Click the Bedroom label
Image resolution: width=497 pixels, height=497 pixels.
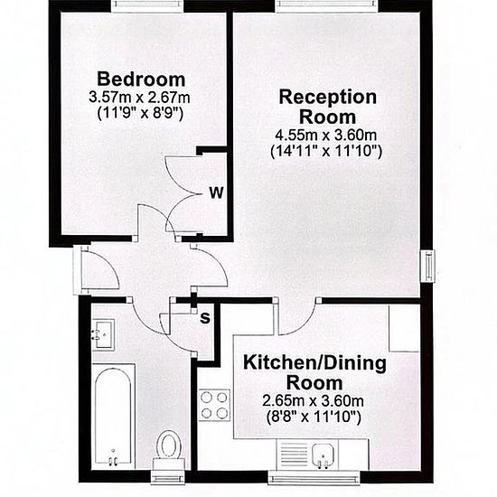point(141,80)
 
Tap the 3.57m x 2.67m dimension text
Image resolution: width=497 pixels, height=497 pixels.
point(139,97)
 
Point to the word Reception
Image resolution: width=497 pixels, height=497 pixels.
point(328,98)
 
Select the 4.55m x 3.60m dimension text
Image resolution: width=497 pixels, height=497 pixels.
point(326,136)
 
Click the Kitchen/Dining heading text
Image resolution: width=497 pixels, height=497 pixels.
point(314,363)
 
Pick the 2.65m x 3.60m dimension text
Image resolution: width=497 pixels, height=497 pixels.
point(313,401)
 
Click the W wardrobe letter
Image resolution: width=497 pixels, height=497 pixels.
point(217,192)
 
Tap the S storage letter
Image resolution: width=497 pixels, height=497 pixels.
point(205,318)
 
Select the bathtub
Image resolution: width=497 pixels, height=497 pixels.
point(114,416)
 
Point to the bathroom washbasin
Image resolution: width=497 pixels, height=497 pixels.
point(104,334)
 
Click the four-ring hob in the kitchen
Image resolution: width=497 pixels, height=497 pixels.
point(214,405)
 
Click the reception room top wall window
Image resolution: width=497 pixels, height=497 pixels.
point(327,5)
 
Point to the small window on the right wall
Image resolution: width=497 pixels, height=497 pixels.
point(427,266)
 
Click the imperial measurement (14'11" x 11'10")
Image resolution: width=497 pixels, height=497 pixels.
point(326,151)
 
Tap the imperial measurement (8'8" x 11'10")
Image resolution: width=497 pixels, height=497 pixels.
point(314,417)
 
